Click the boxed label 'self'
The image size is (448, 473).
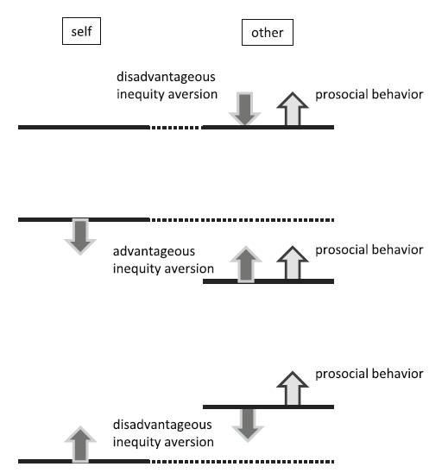click(81, 31)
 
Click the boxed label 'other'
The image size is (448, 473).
click(268, 32)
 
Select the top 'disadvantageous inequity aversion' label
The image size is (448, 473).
click(167, 85)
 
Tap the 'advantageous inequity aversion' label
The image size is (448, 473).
click(163, 260)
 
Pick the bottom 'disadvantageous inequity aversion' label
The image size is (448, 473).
click(163, 433)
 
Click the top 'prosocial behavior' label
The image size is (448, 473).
click(369, 94)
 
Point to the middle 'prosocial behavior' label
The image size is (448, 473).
click(369, 249)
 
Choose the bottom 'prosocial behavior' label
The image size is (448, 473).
click(369, 374)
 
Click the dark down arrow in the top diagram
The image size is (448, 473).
click(244, 109)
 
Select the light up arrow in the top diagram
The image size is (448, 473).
click(293, 109)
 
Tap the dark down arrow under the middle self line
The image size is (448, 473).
click(80, 236)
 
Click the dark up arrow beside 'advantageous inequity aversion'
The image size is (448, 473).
click(246, 264)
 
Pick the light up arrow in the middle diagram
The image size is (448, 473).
click(293, 262)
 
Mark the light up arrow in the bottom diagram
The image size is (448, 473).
click(293, 388)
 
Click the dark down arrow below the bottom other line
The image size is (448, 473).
click(248, 426)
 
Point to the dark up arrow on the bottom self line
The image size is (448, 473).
click(80, 444)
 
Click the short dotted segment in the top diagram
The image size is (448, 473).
click(175, 128)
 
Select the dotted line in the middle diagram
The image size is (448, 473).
click(242, 220)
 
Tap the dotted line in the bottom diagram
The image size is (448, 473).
click(242, 462)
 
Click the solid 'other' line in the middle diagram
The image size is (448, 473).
click(268, 281)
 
